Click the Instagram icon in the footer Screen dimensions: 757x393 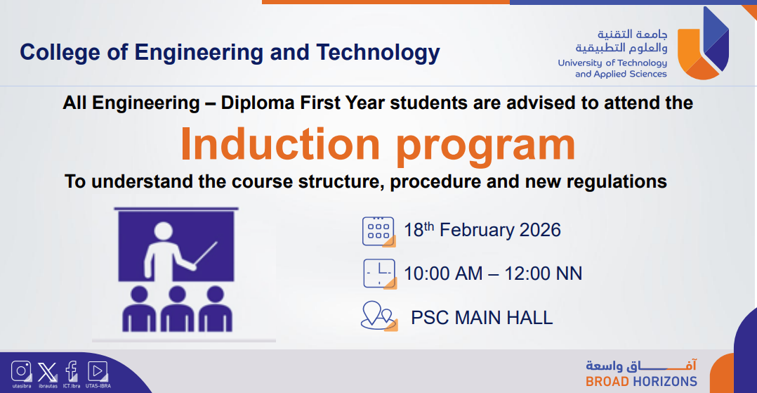click(21, 371)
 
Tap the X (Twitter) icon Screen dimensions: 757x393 click(47, 372)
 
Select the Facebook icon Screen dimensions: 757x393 click(72, 371)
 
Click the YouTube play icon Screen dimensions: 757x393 click(98, 371)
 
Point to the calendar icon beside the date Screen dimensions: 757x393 click(379, 232)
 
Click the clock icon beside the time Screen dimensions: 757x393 click(380, 274)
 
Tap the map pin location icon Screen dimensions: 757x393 click(379, 316)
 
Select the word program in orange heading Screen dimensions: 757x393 click(486, 148)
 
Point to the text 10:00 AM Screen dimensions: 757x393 click(443, 273)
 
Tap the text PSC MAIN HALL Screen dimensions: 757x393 click(482, 318)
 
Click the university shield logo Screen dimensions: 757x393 click(704, 44)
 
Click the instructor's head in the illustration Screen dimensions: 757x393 click(164, 231)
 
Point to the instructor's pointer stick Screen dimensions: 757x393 click(206, 253)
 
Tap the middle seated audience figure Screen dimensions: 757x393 click(177, 309)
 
